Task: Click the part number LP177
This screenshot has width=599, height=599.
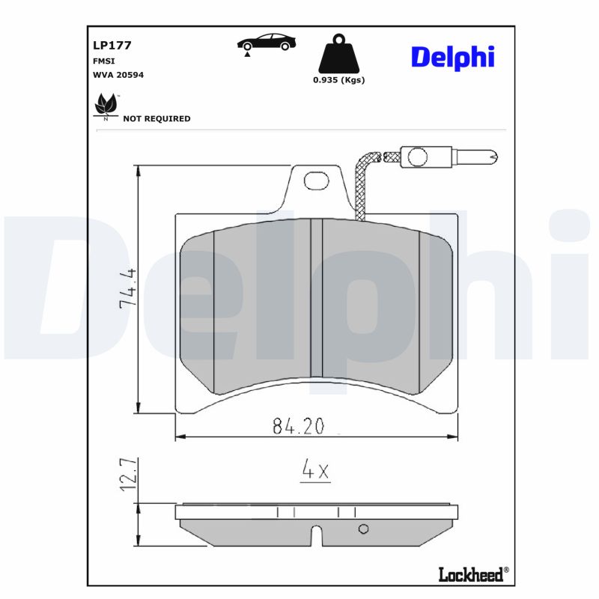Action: [x=112, y=45]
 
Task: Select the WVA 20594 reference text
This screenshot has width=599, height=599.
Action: [x=118, y=75]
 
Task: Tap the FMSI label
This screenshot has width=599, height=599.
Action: [x=103, y=61]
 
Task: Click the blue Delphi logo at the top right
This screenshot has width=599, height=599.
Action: [x=453, y=58]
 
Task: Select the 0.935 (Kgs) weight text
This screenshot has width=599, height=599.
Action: [x=339, y=80]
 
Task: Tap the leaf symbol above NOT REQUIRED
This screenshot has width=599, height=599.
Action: [x=106, y=105]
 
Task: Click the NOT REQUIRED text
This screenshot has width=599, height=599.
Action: [x=156, y=119]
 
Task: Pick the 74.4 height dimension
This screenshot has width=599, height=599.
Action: [x=128, y=288]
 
